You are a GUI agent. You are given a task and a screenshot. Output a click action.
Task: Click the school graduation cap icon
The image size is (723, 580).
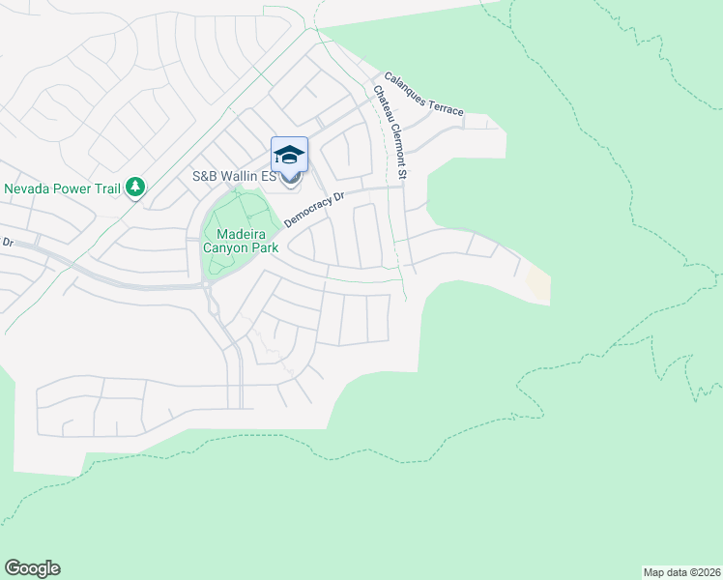[x=290, y=155]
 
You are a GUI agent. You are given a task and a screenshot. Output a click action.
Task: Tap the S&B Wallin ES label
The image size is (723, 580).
[x=235, y=177]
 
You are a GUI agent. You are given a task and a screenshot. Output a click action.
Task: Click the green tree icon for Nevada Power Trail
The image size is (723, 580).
[x=135, y=186]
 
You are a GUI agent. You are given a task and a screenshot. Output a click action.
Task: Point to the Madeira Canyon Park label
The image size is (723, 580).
[x=241, y=241]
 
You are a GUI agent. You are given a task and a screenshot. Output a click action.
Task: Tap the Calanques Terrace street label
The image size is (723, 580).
[x=423, y=95]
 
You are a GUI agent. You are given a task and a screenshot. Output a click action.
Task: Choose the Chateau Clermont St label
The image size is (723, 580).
[x=390, y=132]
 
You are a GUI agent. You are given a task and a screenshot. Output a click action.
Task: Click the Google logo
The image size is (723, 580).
[x=32, y=568]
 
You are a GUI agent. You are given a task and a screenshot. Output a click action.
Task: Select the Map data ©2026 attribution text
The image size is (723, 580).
[x=681, y=571]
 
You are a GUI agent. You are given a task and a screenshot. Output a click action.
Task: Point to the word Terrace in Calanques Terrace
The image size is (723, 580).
[x=447, y=105]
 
